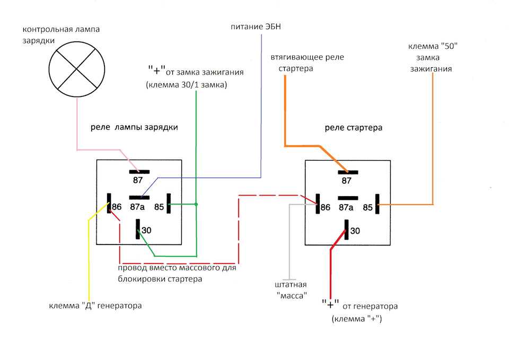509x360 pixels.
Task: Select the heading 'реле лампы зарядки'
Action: coord(134,127)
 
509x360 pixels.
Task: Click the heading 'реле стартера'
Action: coord(354,128)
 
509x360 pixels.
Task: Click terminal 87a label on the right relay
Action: coord(346,207)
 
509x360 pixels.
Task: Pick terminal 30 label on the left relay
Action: coord(147,230)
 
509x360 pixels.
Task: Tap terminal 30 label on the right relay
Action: coord(355,231)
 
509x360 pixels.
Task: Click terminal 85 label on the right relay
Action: coord(368,207)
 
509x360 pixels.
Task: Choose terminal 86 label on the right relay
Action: coord(326,207)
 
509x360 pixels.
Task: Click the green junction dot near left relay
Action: coord(196,204)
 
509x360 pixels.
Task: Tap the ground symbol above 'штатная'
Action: coord(289,279)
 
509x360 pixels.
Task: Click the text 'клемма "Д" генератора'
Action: coord(95,306)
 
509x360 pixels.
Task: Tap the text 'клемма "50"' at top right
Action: coord(433,46)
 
